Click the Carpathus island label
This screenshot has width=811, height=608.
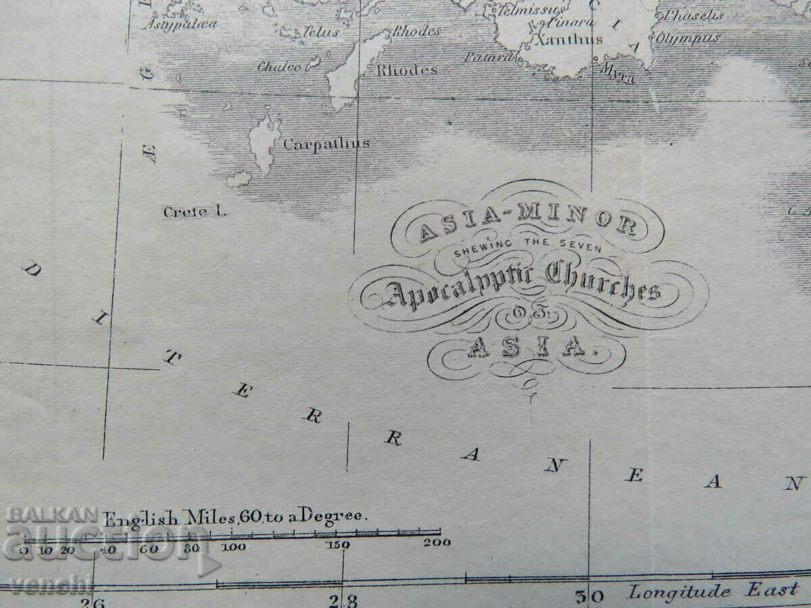(326, 144)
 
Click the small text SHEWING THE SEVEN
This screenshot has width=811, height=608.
(527, 249)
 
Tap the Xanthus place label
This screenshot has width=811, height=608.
(568, 40)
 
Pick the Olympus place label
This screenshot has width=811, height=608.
(689, 39)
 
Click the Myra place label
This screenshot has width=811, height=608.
(618, 73)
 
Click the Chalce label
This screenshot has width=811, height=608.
(279, 67)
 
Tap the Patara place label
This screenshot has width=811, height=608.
(489, 57)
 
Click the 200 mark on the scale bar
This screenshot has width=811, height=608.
(439, 542)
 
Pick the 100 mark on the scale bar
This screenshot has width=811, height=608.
(233, 547)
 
